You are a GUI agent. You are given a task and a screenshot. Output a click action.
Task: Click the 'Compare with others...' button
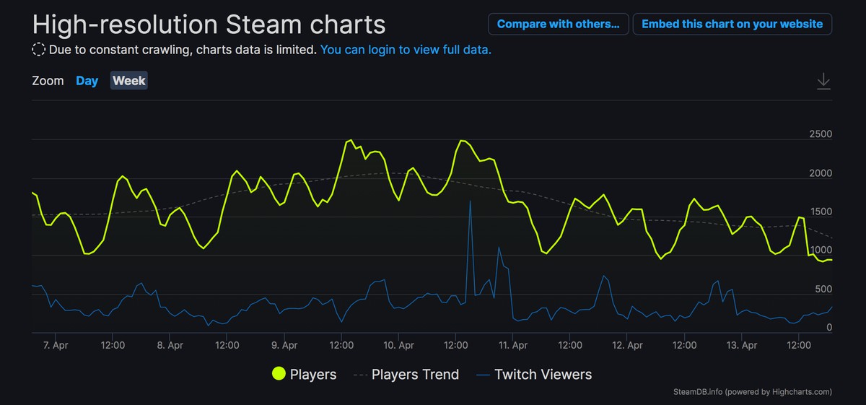point(558,24)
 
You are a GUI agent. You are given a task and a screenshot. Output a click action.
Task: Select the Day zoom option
point(87,81)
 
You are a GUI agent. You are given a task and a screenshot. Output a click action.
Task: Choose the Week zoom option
point(129,81)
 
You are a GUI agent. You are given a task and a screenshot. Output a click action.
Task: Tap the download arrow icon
point(823,81)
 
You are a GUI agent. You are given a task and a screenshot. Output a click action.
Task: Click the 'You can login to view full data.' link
point(406,50)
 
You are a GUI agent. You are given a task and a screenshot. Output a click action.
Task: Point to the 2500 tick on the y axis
point(821,134)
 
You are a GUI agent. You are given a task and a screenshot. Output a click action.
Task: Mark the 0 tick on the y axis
point(829,328)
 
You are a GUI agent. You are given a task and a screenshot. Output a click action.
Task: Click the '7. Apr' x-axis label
point(55,345)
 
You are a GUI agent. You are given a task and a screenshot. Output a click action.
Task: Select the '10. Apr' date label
point(398,345)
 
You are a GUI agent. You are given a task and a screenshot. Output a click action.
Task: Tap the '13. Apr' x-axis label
point(742,345)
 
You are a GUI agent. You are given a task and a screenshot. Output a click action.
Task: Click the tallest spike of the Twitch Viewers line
point(470,201)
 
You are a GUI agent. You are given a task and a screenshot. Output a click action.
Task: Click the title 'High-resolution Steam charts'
point(209,25)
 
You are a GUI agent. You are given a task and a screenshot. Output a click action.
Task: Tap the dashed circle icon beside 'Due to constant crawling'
point(39,50)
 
